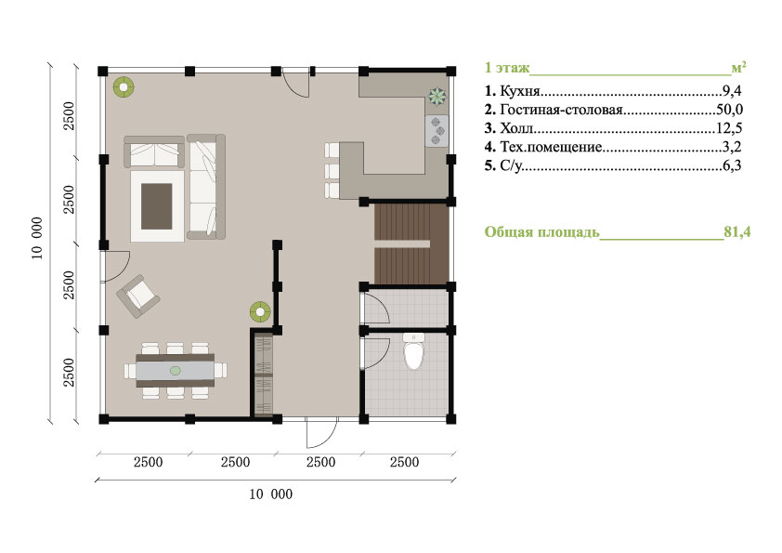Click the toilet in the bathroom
pyautogui.click(x=413, y=351)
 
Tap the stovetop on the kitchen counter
pyautogui.click(x=437, y=131)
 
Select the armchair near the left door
pyautogui.click(x=138, y=296)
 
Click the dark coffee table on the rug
pyautogui.click(x=157, y=206)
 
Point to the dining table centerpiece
pyautogui.click(x=175, y=370)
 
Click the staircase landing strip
pyautogui.click(x=402, y=244)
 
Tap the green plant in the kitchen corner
pyautogui.click(x=437, y=97)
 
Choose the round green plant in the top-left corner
pyautogui.click(x=124, y=87)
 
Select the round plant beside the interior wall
pyautogui.click(x=260, y=312)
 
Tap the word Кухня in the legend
pyautogui.click(x=520, y=91)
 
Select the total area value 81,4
pyautogui.click(x=737, y=232)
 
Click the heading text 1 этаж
pyautogui.click(x=507, y=67)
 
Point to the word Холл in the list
pyautogui.click(x=516, y=128)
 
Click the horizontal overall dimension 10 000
pyautogui.click(x=271, y=494)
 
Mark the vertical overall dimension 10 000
pyautogui.click(x=37, y=238)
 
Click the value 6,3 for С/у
pyautogui.click(x=732, y=165)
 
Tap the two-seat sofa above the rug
pyautogui.click(x=154, y=151)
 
